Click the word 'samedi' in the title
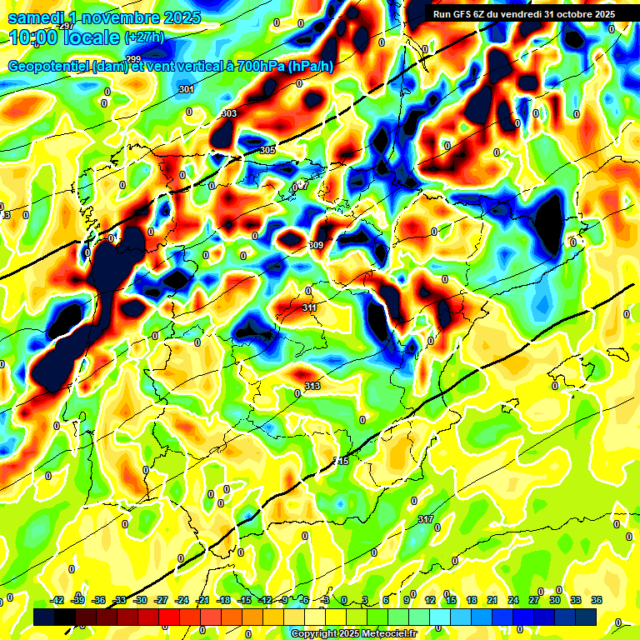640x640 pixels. pos(37,17)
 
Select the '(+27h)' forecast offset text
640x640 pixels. pos(144,37)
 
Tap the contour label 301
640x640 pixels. pos(187,89)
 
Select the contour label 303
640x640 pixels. pos(229,113)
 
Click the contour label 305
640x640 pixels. pos(267,150)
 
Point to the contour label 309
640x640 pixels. pos(316,245)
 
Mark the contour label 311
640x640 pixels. pos(309,307)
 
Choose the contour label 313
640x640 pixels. pos(312,386)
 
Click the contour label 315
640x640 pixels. pos(341,461)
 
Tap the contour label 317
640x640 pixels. pos(426,519)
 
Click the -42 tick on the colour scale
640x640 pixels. pos(57,600)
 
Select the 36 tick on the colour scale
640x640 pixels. pos(597,600)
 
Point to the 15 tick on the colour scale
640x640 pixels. pos(451,600)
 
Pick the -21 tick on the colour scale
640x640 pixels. pos(202,600)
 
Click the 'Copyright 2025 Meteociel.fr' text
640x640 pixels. pos(353,633)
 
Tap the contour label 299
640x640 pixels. pos(133,58)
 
